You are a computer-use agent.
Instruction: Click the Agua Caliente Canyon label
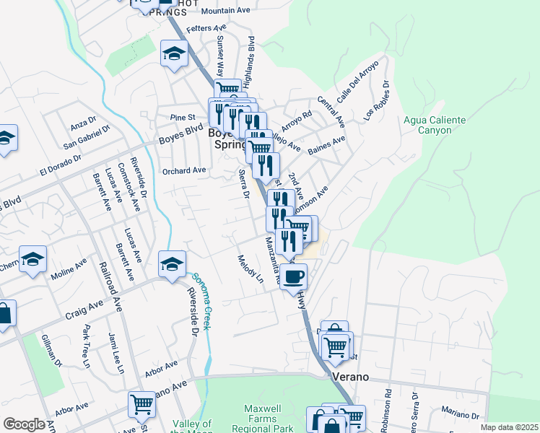point(427,125)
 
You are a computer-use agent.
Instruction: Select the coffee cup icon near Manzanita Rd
point(293,276)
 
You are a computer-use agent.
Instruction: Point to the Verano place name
point(351,377)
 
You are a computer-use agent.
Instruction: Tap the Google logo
point(23,424)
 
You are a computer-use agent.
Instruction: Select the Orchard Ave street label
point(184,171)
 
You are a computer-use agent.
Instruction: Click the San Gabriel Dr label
point(87,137)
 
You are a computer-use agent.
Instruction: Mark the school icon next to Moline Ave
point(32,260)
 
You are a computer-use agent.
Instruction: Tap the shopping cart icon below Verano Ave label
point(141,405)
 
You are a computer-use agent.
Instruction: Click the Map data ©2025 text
point(510,427)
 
